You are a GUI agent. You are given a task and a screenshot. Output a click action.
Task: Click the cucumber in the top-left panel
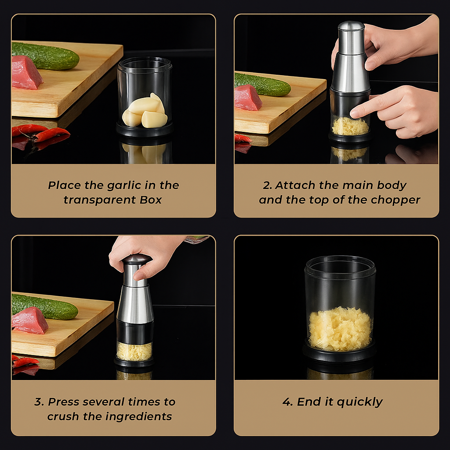[x=46, y=56]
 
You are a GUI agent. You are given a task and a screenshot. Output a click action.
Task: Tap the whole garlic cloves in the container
[x=145, y=112]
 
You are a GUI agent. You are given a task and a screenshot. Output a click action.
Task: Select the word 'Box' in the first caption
[x=151, y=200]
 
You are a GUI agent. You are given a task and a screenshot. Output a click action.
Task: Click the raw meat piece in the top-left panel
[x=27, y=73]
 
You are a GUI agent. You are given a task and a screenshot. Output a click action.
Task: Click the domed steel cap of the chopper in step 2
[x=351, y=26]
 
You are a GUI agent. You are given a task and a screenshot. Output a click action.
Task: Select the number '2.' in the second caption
[x=267, y=185]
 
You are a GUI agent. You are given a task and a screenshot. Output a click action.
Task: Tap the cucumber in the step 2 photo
[x=263, y=84]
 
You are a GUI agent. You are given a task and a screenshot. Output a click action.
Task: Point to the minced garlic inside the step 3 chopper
[x=134, y=351]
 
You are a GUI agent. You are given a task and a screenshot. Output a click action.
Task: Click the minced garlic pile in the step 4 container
[x=341, y=329]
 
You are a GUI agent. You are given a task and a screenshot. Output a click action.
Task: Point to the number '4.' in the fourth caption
[x=287, y=402]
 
